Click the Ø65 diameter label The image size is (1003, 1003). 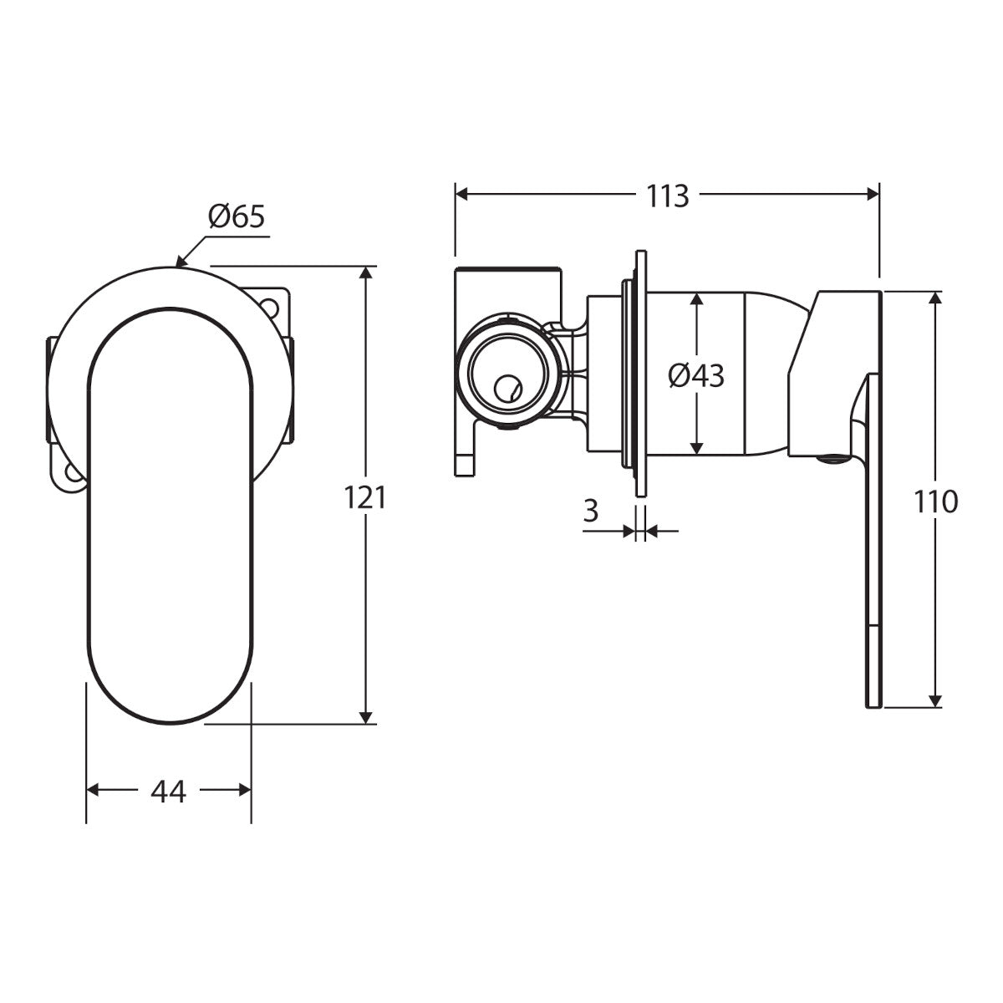(x=237, y=216)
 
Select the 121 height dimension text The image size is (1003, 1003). (x=365, y=497)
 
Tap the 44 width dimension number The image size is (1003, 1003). (x=168, y=792)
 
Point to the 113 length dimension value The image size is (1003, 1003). (x=668, y=196)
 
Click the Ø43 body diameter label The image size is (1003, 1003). (x=696, y=375)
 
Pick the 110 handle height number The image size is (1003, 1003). (x=936, y=502)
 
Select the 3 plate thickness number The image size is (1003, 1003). (x=591, y=511)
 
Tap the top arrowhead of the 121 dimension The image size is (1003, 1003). (x=366, y=272)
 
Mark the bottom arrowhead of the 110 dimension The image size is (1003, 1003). (x=935, y=700)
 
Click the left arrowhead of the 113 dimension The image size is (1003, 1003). (x=462, y=195)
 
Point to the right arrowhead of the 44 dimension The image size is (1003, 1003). (x=245, y=790)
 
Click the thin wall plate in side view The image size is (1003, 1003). (x=641, y=373)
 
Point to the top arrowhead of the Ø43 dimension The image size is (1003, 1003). (x=696, y=298)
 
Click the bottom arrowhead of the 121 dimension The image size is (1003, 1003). (x=366, y=716)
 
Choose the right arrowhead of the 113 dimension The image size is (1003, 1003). (x=873, y=195)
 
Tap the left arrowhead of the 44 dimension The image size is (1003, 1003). (x=93, y=790)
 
